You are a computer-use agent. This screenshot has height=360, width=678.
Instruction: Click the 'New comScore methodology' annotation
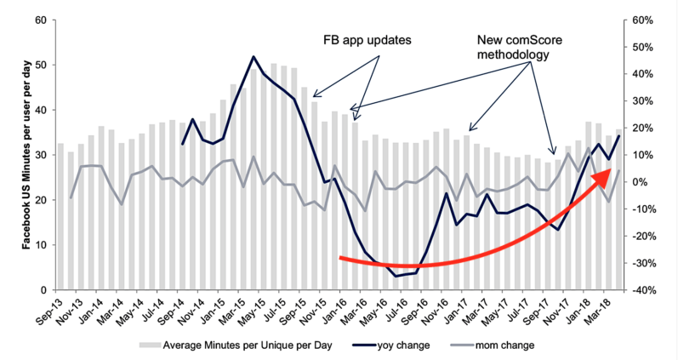(518, 47)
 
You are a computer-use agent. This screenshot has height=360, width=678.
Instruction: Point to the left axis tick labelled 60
(42, 20)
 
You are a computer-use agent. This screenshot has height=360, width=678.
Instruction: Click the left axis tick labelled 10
(42, 245)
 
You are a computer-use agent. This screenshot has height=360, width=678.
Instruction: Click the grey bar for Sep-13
(60, 216)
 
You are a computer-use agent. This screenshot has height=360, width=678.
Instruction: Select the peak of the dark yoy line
(254, 57)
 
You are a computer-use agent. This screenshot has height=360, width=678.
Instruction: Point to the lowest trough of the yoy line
(396, 276)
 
